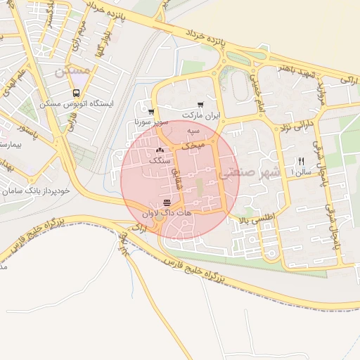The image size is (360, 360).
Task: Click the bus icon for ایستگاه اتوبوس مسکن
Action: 76,93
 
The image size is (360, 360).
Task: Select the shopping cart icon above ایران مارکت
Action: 201,104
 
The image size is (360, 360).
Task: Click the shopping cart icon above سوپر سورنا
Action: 151,111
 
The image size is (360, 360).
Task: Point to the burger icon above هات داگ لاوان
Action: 166,202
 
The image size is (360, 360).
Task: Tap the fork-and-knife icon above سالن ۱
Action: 302,161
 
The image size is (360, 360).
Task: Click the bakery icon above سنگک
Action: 160,150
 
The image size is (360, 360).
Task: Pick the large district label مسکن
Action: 72,71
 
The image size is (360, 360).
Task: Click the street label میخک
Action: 193,146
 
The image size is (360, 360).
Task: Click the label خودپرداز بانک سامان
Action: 35,191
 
